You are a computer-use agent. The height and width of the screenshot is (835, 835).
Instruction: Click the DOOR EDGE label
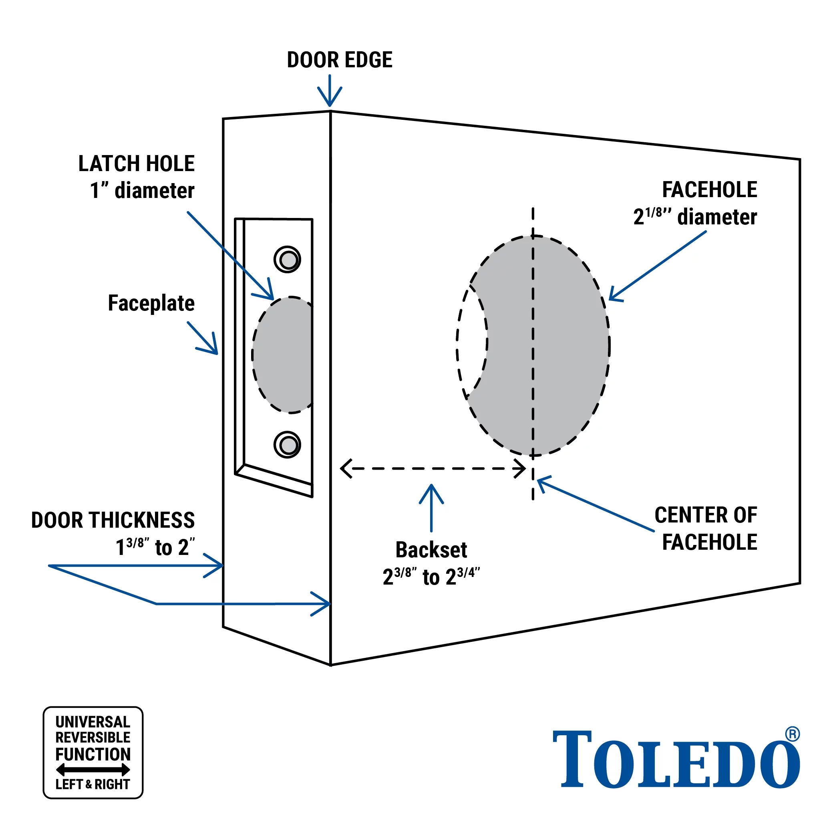(339, 60)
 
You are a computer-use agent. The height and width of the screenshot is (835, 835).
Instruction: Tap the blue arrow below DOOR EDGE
(330, 91)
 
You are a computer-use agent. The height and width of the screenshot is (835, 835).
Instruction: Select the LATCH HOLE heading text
(136, 164)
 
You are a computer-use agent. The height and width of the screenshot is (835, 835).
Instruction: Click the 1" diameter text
(142, 191)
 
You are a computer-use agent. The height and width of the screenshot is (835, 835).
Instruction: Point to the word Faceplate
(151, 303)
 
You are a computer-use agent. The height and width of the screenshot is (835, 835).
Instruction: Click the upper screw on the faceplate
(288, 260)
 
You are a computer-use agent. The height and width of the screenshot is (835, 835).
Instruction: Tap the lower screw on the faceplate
(288, 444)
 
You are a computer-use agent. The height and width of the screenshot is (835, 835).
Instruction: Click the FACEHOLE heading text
(709, 190)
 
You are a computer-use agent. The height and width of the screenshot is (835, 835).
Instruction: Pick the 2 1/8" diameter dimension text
(695, 217)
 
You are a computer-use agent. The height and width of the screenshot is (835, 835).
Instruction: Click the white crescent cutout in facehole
(471, 342)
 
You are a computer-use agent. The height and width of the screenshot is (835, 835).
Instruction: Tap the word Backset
(431, 550)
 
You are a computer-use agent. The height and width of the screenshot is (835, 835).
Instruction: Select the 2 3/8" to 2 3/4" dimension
(431, 577)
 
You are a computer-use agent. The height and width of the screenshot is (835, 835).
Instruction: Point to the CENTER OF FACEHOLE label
(706, 528)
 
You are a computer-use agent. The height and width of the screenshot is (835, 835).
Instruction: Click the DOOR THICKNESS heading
(113, 520)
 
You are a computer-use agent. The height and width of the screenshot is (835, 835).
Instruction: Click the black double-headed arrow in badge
(93, 770)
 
